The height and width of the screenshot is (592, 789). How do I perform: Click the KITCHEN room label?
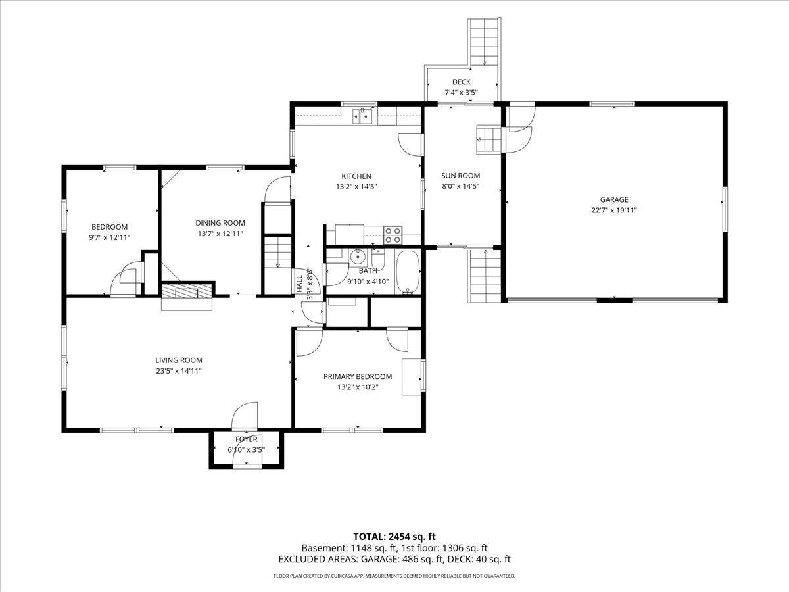tap(356, 176)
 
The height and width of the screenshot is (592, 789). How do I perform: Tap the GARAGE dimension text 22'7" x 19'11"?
tap(614, 210)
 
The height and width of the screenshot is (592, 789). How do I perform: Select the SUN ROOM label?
tap(460, 176)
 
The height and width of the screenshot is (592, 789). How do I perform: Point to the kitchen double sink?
tap(362, 116)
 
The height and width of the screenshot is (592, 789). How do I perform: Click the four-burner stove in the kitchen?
tap(393, 235)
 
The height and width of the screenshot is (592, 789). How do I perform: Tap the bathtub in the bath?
tap(408, 272)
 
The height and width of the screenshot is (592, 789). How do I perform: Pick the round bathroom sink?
tap(358, 257)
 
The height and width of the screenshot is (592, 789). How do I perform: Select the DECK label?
tap(461, 82)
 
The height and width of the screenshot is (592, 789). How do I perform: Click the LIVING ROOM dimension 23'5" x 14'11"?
tap(179, 371)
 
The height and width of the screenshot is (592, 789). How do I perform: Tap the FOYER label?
tap(246, 439)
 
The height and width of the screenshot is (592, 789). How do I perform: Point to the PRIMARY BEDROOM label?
tap(358, 376)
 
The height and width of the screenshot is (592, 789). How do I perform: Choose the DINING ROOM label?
tap(220, 223)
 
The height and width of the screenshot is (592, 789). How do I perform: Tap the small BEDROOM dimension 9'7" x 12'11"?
tap(109, 237)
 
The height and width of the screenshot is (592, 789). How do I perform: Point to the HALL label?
tap(299, 284)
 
